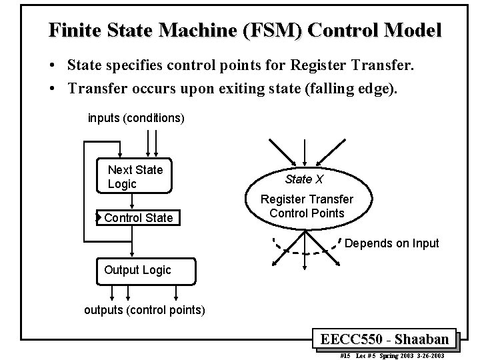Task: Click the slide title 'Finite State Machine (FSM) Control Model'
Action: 245,31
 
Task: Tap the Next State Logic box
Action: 135,177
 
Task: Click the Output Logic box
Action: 137,270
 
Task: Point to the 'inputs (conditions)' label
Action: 136,118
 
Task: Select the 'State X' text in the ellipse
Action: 304,179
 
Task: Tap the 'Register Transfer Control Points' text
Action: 307,206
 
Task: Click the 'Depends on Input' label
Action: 391,243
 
